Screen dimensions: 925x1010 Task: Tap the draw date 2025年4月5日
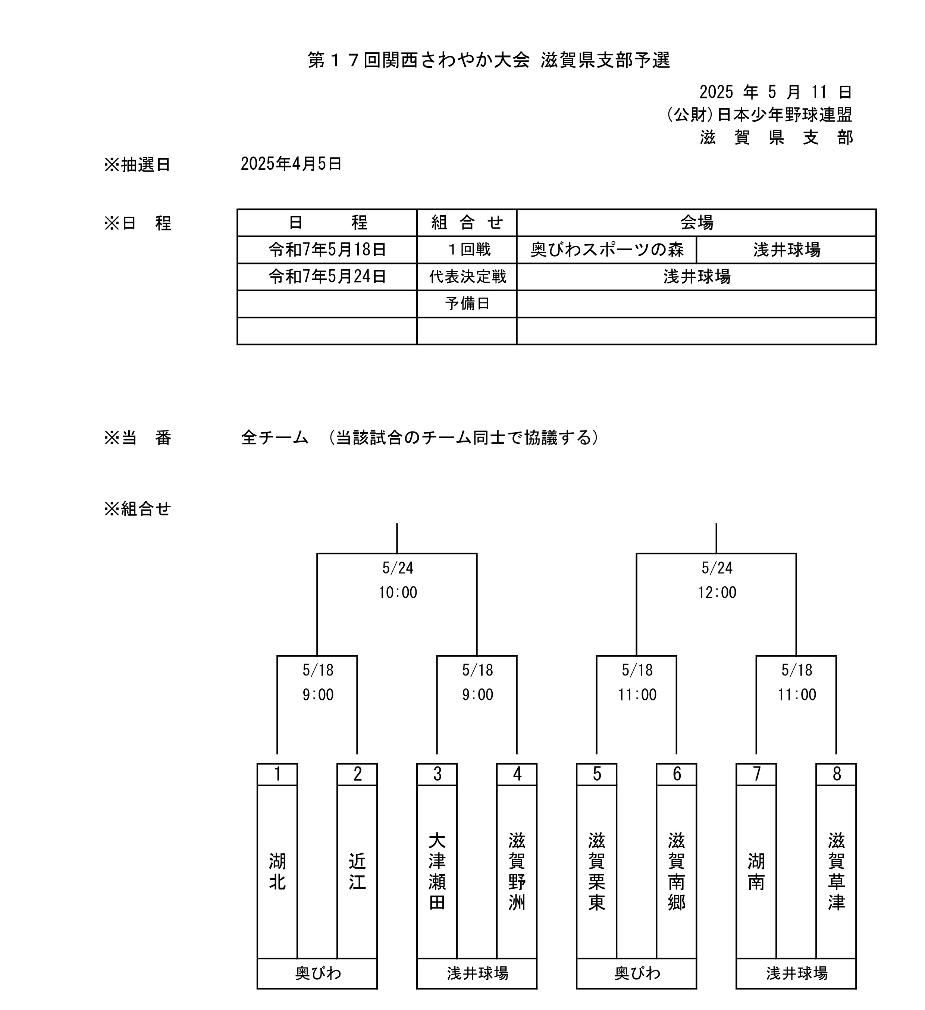[x=291, y=164]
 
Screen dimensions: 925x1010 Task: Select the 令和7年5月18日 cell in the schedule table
[x=327, y=250]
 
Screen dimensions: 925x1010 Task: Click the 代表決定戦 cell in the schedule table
[x=467, y=276]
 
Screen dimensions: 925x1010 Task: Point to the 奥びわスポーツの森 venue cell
[x=607, y=250]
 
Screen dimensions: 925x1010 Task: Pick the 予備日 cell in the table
[x=467, y=304]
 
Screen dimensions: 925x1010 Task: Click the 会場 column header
[x=696, y=222]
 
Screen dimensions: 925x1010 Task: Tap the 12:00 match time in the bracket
[x=717, y=593]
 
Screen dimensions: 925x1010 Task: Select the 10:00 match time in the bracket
[x=398, y=593]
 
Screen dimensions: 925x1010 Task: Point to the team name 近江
[x=357, y=872]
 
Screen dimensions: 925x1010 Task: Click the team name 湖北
[x=277, y=872]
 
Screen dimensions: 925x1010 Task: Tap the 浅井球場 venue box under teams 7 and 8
[x=796, y=974]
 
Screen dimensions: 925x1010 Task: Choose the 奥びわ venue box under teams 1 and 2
[x=317, y=974]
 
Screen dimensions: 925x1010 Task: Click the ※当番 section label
[x=137, y=438]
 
